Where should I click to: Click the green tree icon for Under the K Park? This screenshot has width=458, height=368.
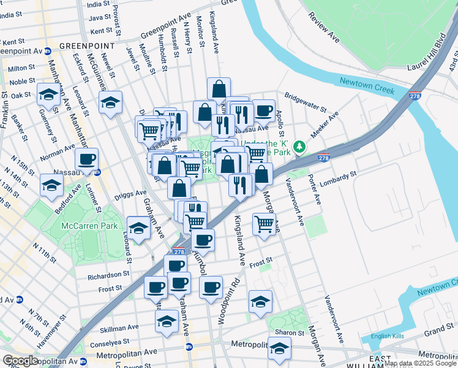point(299,147)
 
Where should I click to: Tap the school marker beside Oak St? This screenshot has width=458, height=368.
point(48,94)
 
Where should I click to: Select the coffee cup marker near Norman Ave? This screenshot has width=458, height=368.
point(86,158)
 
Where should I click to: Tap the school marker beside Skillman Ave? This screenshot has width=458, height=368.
point(167,320)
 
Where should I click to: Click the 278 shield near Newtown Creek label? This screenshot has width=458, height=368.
point(414,96)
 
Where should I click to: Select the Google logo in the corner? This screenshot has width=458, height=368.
point(20,361)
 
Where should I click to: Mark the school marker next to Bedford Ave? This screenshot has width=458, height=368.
point(51,184)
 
